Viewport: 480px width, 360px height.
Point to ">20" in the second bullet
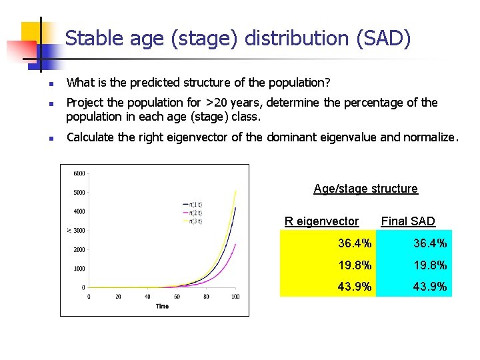click(x=216, y=103)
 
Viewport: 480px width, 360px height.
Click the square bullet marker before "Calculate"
click(x=49, y=139)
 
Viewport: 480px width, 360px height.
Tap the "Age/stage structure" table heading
click(x=365, y=189)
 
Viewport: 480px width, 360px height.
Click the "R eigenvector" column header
click(x=321, y=221)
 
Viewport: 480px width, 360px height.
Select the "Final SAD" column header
click(x=408, y=221)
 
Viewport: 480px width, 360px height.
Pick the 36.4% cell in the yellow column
click(x=355, y=244)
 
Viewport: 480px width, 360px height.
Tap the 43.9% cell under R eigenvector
click(x=355, y=287)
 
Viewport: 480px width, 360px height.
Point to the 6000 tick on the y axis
click(x=79, y=174)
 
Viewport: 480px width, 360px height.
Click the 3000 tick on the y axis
click(x=79, y=231)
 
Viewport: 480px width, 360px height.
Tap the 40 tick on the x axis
click(x=147, y=297)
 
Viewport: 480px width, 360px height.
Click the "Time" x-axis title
click(x=162, y=306)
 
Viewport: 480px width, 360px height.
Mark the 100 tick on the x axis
click(x=235, y=297)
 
